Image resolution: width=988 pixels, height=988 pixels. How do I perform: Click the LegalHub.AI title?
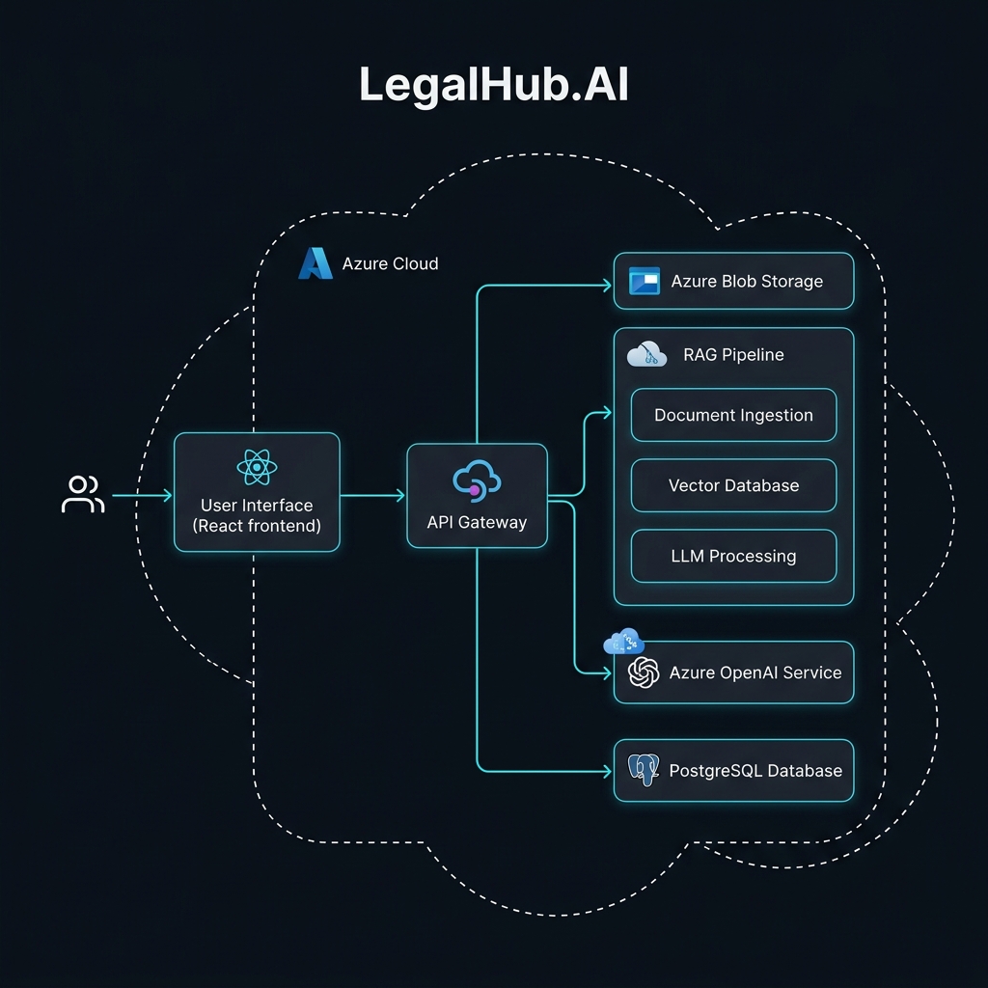click(x=493, y=85)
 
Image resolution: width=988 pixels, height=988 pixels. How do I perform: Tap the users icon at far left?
click(x=83, y=495)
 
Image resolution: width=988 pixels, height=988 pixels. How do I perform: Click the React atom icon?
click(x=257, y=468)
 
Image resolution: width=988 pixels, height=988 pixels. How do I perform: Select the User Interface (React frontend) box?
click(x=257, y=492)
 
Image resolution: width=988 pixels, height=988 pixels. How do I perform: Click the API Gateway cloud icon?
click(x=477, y=480)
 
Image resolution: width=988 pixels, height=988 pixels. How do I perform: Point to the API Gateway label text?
click(x=477, y=522)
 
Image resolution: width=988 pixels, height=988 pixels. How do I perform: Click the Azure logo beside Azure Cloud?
click(x=315, y=263)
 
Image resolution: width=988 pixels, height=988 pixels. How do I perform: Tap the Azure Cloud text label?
click(x=390, y=263)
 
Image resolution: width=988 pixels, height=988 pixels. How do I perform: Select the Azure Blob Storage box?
click(x=733, y=281)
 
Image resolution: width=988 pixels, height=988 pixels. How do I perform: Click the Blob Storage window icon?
click(x=644, y=281)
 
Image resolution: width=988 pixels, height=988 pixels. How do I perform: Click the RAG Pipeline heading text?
click(x=733, y=354)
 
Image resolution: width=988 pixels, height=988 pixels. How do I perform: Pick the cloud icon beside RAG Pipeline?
click(x=646, y=354)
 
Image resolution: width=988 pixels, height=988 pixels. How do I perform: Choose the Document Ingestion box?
click(x=733, y=415)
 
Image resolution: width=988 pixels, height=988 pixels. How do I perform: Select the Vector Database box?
click(x=733, y=485)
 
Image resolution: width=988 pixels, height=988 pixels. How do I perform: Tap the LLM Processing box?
click(x=733, y=556)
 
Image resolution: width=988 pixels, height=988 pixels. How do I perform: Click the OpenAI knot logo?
click(x=643, y=672)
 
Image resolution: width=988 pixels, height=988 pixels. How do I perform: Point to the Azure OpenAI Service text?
click(x=755, y=672)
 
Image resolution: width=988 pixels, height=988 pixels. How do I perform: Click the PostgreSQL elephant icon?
click(x=643, y=770)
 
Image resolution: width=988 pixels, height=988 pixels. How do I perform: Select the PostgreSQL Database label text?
click(x=755, y=770)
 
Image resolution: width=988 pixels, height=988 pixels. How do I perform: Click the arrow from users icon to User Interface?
click(x=141, y=495)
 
